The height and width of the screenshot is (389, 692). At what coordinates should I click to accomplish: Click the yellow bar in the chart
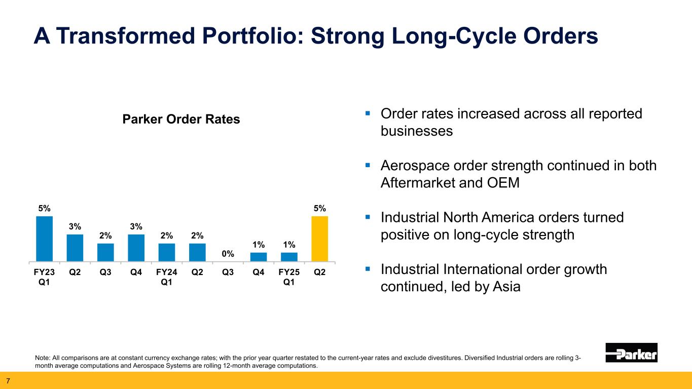[319, 239]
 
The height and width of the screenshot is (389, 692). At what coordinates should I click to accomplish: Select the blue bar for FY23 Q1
[45, 239]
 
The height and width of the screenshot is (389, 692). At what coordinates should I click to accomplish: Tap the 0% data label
[228, 253]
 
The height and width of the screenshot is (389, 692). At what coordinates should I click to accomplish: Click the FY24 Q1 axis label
[167, 277]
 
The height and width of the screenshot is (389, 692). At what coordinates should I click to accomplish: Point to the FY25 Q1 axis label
[289, 277]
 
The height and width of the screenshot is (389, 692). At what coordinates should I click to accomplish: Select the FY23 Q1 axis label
[45, 277]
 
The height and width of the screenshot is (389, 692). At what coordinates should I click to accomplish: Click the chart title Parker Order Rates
[181, 120]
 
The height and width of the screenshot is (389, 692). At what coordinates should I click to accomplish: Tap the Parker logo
[631, 353]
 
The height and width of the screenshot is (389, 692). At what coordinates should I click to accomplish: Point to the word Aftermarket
[423, 183]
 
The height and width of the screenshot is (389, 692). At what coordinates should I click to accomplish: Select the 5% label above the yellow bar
[319, 208]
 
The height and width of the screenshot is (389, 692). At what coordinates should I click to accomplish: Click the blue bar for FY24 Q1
[167, 252]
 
